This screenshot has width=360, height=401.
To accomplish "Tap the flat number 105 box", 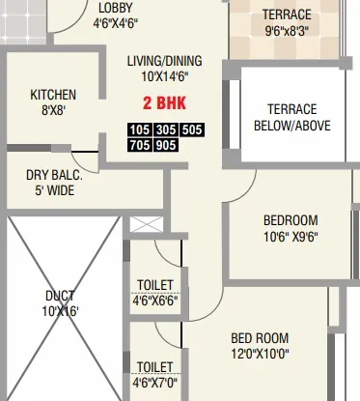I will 141,129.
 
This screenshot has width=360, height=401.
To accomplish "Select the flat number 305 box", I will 166,129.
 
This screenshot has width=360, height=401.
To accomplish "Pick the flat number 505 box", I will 191,129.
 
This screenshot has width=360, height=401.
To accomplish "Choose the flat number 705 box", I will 141,146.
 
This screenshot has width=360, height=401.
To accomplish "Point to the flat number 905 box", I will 166,146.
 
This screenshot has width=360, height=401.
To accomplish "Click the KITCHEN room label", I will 53,95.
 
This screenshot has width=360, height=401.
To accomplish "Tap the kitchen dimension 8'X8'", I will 53,110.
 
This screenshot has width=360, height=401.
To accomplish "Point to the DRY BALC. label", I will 54,175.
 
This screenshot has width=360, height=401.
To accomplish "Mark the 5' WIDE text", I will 54,190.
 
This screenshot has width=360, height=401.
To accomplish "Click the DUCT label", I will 60,296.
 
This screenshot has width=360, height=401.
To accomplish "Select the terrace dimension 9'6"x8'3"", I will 288,30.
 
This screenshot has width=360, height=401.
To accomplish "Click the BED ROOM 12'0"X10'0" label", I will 259,345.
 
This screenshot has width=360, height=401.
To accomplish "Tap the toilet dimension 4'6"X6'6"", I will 154,300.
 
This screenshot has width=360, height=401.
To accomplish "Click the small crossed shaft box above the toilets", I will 142,225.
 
